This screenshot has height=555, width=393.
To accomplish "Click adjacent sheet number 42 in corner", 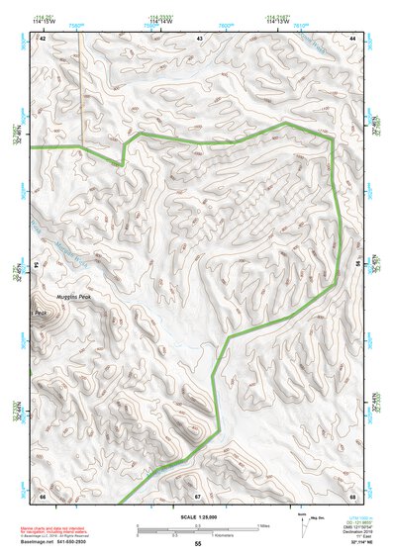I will pyautogui.click(x=43, y=38).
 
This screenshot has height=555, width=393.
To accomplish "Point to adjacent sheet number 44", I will pyautogui.click(x=352, y=38).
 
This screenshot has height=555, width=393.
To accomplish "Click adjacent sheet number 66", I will pyautogui.click(x=43, y=495).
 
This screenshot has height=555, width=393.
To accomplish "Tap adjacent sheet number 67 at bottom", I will pyautogui.click(x=198, y=495).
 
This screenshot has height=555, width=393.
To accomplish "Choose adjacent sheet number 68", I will pyautogui.click(x=352, y=495).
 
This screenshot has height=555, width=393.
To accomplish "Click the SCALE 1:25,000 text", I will pyautogui.click(x=196, y=515).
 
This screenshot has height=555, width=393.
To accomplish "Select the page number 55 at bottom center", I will pyautogui.click(x=198, y=545).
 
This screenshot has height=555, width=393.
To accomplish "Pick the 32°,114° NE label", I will pyautogui.click(x=347, y=545).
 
